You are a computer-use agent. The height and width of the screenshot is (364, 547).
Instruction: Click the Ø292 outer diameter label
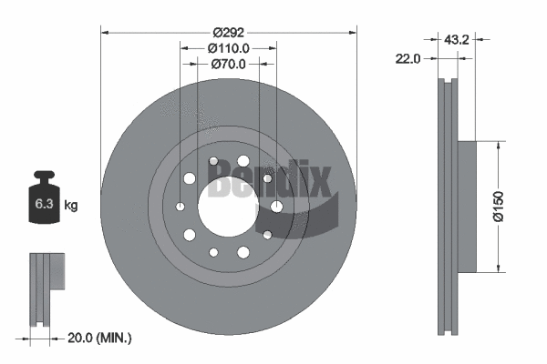228,31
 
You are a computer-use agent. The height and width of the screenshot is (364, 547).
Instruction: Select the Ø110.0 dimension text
228,48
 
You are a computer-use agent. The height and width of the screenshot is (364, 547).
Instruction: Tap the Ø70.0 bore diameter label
228,65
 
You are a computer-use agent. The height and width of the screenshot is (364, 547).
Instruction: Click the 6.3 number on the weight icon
43,205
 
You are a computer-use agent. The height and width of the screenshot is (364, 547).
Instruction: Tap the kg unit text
70,206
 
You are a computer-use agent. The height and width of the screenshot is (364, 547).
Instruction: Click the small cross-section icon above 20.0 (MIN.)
48,272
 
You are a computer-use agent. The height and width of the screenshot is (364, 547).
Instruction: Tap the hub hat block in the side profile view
465,206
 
